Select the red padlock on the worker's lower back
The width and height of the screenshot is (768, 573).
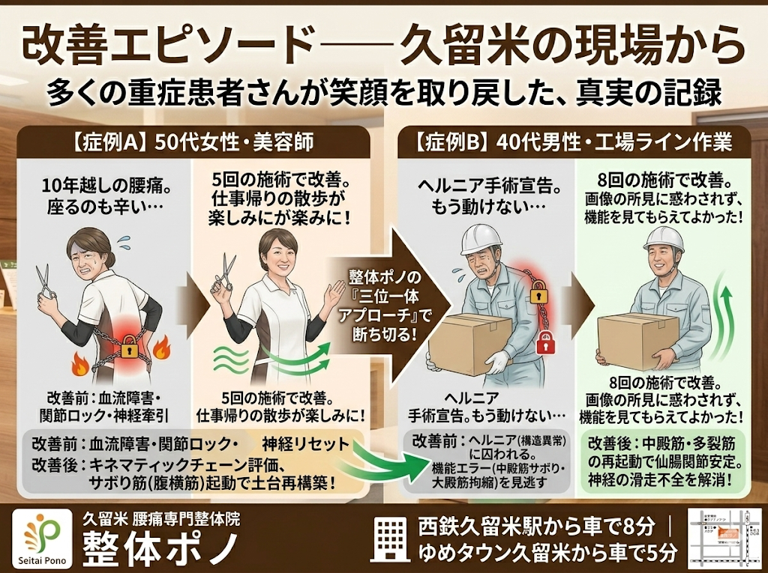(546, 339)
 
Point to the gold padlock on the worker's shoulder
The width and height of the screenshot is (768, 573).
(537, 294)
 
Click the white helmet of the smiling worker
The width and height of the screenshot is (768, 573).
(664, 240)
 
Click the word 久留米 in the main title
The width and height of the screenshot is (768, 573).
(458, 46)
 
